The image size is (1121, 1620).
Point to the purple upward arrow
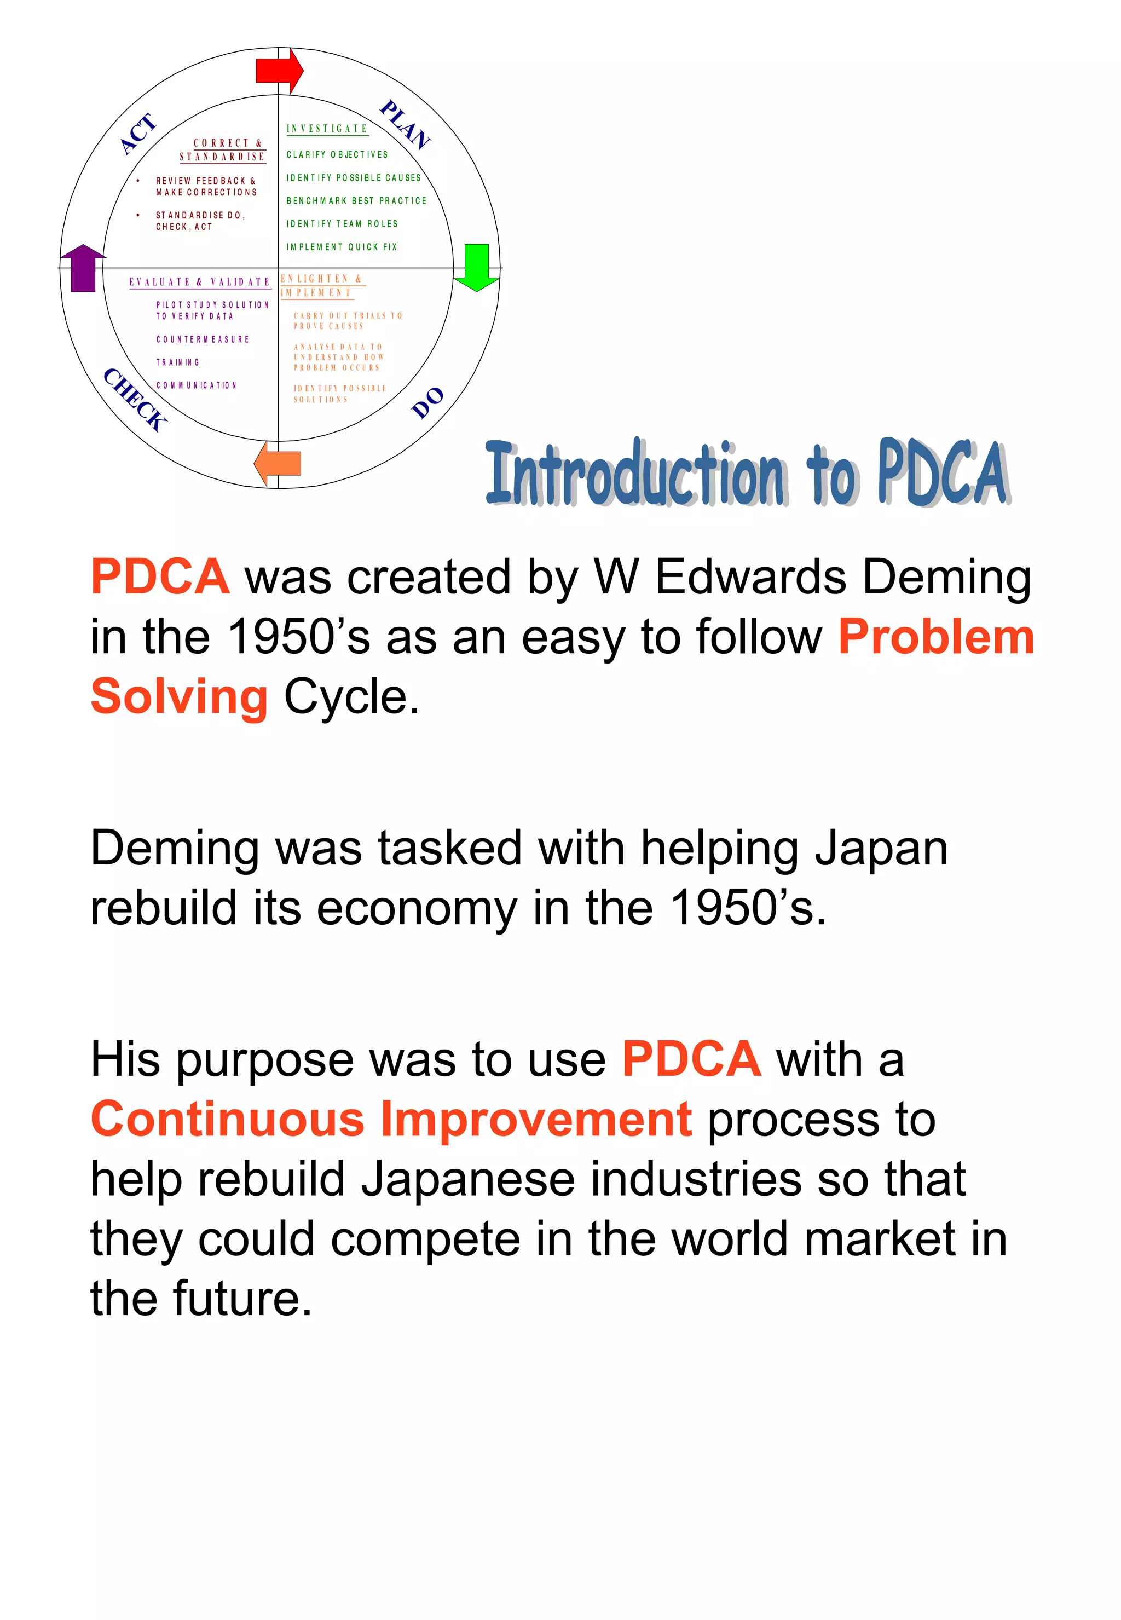coord(83,268)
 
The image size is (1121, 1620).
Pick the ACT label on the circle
coord(138,134)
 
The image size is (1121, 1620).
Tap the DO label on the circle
coord(427,402)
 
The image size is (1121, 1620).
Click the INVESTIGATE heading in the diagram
coord(327,129)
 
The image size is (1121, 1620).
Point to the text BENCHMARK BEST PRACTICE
coord(356,201)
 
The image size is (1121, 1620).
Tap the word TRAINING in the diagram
coord(178,362)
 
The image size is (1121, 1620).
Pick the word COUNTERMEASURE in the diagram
coord(203,339)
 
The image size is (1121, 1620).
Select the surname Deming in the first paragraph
coord(947,578)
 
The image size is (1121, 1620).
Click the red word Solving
coord(179,697)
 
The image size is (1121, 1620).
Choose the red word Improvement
coord(536,1119)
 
